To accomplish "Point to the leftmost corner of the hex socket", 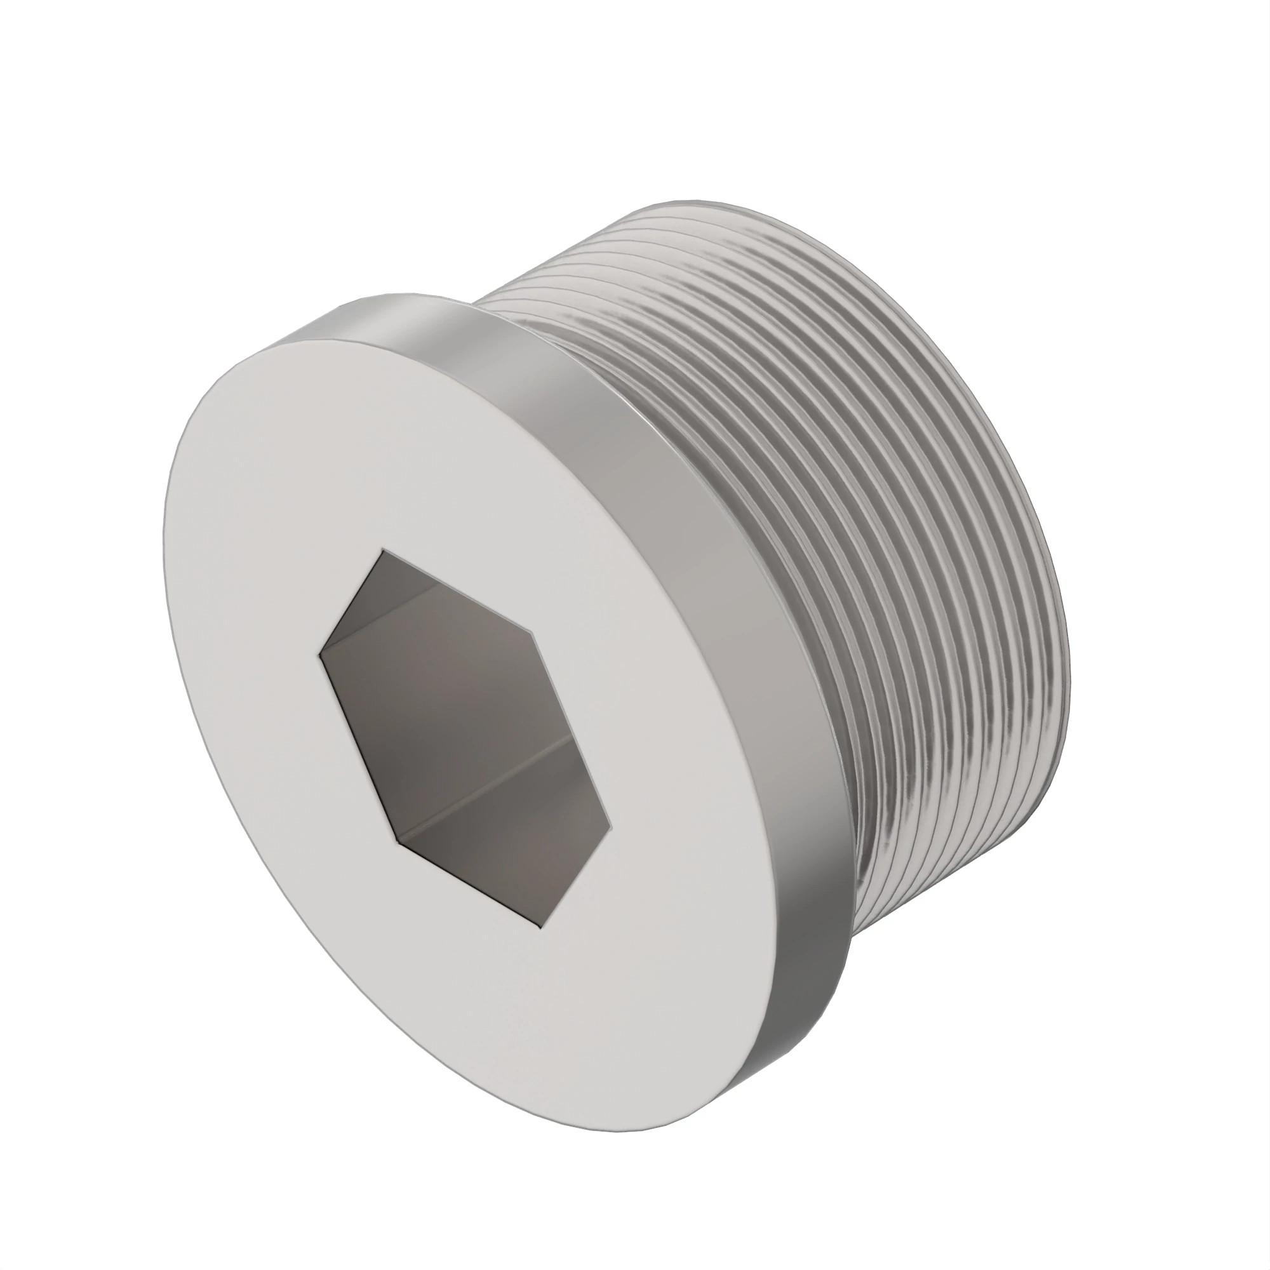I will click(320, 652).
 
